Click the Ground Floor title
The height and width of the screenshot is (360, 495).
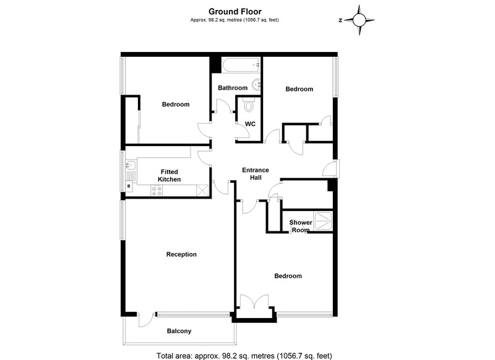(235, 12)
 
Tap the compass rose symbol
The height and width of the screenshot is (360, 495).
(359, 20)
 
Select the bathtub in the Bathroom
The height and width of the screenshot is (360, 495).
(241, 66)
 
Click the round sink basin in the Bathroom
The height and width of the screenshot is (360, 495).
(256, 85)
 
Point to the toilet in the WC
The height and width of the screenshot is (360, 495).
(249, 105)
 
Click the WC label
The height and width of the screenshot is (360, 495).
(250, 124)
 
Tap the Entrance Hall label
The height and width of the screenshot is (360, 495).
(256, 174)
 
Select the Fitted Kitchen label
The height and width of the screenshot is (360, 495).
(169, 176)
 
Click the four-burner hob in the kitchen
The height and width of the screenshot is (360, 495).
(157, 191)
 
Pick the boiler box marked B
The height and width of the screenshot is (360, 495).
(129, 186)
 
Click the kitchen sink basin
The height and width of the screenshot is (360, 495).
(131, 165)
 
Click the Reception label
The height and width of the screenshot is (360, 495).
(181, 254)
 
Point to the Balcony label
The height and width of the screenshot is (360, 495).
(179, 331)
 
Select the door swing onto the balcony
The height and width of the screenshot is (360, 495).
(145, 320)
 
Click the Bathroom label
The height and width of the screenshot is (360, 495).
(233, 88)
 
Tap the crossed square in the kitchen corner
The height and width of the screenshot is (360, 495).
(202, 191)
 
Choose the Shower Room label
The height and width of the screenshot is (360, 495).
(301, 226)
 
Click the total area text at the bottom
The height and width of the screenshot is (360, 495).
(244, 356)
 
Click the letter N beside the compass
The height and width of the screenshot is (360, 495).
(340, 20)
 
